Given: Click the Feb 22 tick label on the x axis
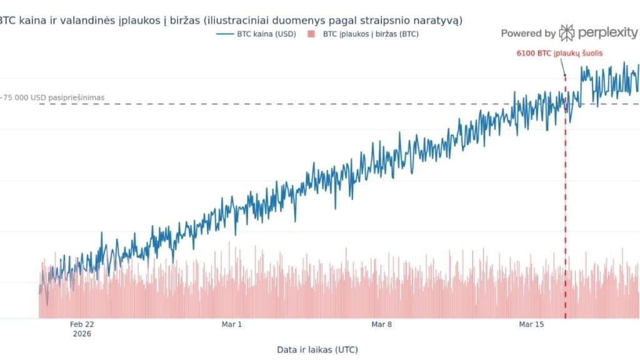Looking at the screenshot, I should pos(82,324).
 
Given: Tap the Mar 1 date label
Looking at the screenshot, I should pos(231,324).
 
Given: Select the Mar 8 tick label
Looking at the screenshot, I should pos(381,324).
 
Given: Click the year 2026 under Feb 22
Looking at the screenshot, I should pos(81,334).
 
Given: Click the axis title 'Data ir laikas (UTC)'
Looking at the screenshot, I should pos(317,349).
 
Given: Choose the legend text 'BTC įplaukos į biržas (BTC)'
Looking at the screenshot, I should pos(371,34).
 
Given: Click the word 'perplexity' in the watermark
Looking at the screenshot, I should pos(606,32).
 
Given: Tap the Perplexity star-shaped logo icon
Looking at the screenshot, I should pos(567,32).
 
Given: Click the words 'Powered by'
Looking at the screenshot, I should pos(528,33).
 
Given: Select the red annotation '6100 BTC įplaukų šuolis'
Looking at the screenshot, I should pos(559,54).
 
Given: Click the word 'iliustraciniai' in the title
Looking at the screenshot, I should pos(249,20).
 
